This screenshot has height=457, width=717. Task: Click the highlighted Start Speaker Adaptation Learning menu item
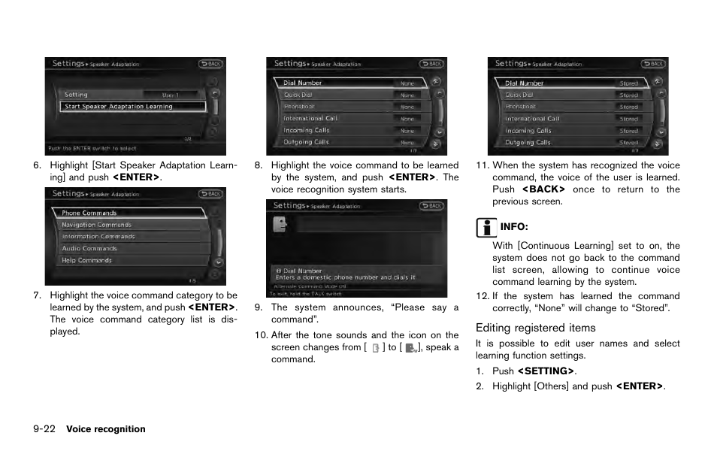pyautogui.click(x=132, y=107)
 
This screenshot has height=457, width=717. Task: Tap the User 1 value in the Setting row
pyautogui.click(x=171, y=95)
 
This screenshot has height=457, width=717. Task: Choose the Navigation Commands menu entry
pyautogui.click(x=96, y=225)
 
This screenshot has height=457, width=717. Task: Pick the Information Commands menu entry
pyautogui.click(x=98, y=237)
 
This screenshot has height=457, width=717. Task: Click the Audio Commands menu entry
pyautogui.click(x=89, y=249)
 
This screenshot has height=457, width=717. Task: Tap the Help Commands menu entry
pyautogui.click(x=86, y=261)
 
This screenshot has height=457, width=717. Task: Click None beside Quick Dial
pyautogui.click(x=407, y=95)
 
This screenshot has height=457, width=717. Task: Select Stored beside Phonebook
pyautogui.click(x=628, y=107)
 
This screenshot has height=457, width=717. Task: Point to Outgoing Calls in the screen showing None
pyautogui.click(x=306, y=142)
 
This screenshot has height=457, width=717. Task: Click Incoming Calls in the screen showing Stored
pyautogui.click(x=528, y=131)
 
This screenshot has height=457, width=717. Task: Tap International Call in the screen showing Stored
pyautogui.click(x=532, y=119)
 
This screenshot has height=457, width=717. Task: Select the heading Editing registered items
pyautogui.click(x=535, y=328)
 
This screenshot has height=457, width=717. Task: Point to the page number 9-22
pyautogui.click(x=45, y=429)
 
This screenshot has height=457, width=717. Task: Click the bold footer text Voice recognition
pyautogui.click(x=105, y=429)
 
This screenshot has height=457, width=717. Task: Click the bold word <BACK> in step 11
pyautogui.click(x=543, y=189)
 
